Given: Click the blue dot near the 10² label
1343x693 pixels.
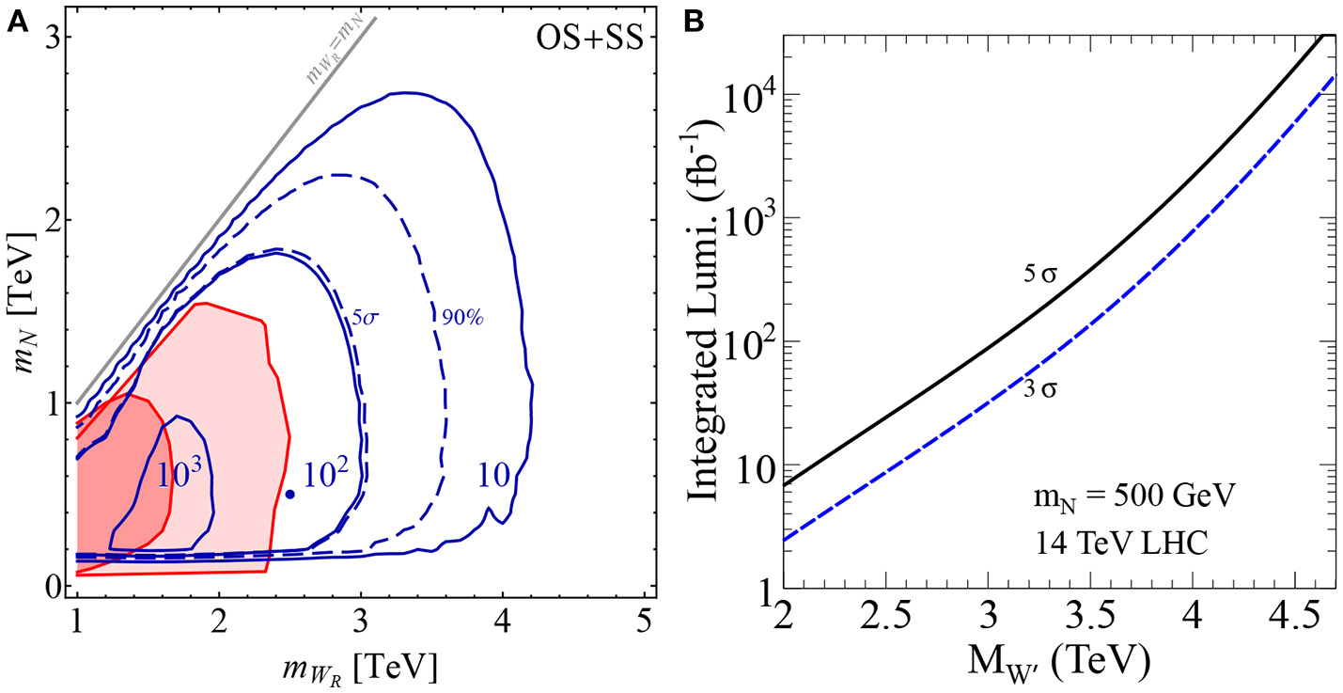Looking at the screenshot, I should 290,494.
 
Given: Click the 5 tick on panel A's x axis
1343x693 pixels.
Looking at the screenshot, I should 645,622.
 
